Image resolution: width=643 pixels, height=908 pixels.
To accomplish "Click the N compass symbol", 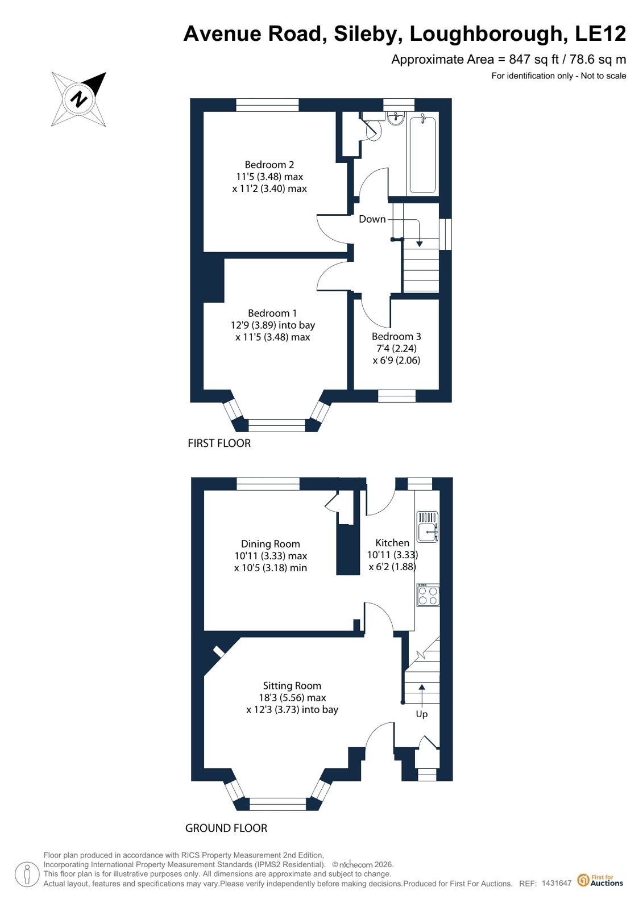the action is coord(79,99).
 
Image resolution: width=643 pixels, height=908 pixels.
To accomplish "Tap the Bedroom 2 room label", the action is coord(269,165).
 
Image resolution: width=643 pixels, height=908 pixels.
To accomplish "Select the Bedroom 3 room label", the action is coord(396,336).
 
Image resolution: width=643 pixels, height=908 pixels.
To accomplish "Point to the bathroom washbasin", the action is coord(395,118).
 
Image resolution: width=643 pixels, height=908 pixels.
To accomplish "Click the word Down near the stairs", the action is coord(372,219).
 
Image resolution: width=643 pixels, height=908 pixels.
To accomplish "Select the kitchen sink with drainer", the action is coord(428,526).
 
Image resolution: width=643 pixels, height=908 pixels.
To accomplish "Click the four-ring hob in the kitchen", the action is coord(428,595).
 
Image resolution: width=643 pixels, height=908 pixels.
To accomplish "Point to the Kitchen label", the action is coord(392,543).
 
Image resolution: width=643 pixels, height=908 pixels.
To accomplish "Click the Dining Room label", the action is coord(271,544).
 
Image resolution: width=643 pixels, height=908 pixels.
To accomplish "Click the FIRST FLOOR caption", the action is coord(219,443).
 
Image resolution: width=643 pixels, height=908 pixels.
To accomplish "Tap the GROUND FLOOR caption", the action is coord(226,829).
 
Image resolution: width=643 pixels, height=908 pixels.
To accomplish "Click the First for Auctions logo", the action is coord(600,880).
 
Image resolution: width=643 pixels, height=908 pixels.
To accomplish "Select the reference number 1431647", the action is coord(557,883).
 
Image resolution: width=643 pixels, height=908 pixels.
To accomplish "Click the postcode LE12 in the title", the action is coord(600,34).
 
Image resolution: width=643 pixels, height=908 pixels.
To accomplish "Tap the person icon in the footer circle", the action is coord(27,874).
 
